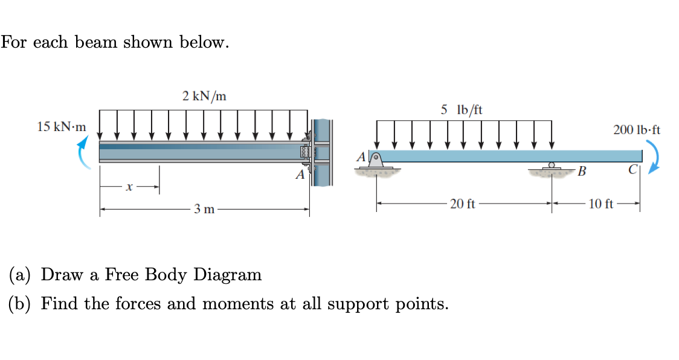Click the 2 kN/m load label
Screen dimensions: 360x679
pyautogui.click(x=204, y=95)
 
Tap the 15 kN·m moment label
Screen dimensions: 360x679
pyautogui.click(x=61, y=127)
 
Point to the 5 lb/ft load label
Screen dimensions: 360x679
pyautogui.click(x=462, y=109)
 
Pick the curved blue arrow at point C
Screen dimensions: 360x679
pyautogui.click(x=652, y=157)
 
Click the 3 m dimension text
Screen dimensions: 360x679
pyautogui.click(x=204, y=210)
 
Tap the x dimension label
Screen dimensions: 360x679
pyautogui.click(x=128, y=188)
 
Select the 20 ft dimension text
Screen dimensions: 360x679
pyautogui.click(x=463, y=204)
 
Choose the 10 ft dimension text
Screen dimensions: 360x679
pyautogui.click(x=600, y=204)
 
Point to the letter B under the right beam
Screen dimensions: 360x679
pyautogui.click(x=582, y=172)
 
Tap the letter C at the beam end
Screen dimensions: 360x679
pyautogui.click(x=632, y=169)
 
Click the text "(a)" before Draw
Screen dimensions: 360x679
pyautogui.click(x=21, y=275)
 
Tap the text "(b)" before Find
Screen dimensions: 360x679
pyautogui.click(x=22, y=303)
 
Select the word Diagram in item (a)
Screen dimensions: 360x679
pyautogui.click(x=228, y=275)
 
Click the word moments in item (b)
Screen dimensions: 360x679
pyautogui.click(x=236, y=303)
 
